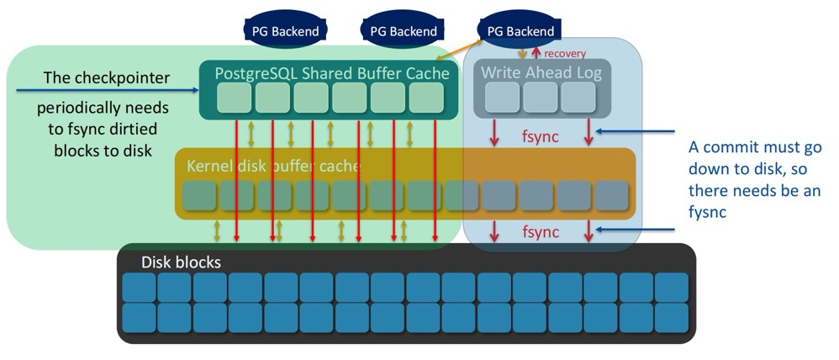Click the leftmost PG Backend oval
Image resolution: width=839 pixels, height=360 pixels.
[285, 31]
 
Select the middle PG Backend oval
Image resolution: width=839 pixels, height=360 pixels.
[403, 31]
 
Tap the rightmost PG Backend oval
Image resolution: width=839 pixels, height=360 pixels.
[520, 31]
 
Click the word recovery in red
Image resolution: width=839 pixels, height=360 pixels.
[565, 53]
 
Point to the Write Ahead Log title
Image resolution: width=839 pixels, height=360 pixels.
[541, 73]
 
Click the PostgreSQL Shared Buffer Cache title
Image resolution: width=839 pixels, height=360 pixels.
[331, 73]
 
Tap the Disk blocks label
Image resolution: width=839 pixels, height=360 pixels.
[181, 262]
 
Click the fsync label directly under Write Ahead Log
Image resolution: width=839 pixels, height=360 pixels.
[541, 135]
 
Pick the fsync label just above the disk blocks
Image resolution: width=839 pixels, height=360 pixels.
[541, 231]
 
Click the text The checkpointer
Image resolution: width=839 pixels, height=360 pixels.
[107, 78]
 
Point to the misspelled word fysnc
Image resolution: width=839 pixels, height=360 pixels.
[707, 214]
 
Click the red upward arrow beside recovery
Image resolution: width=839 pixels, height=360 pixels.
[537, 53]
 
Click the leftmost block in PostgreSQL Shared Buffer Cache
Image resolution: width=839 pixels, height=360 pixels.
[235, 98]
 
